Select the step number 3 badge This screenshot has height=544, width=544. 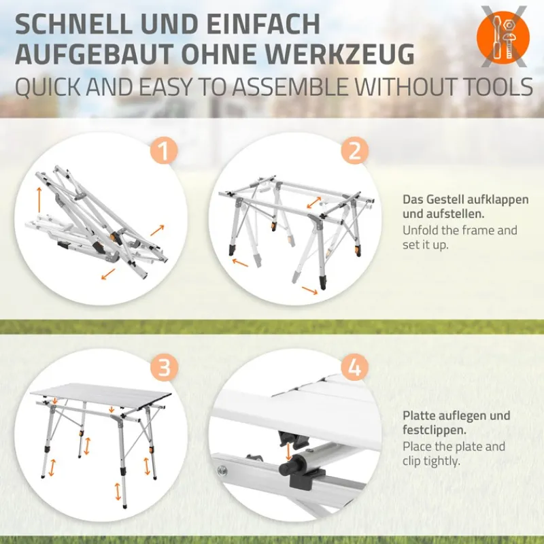click(x=163, y=368)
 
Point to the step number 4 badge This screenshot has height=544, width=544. click(x=354, y=368)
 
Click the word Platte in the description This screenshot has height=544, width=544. click(x=418, y=415)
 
